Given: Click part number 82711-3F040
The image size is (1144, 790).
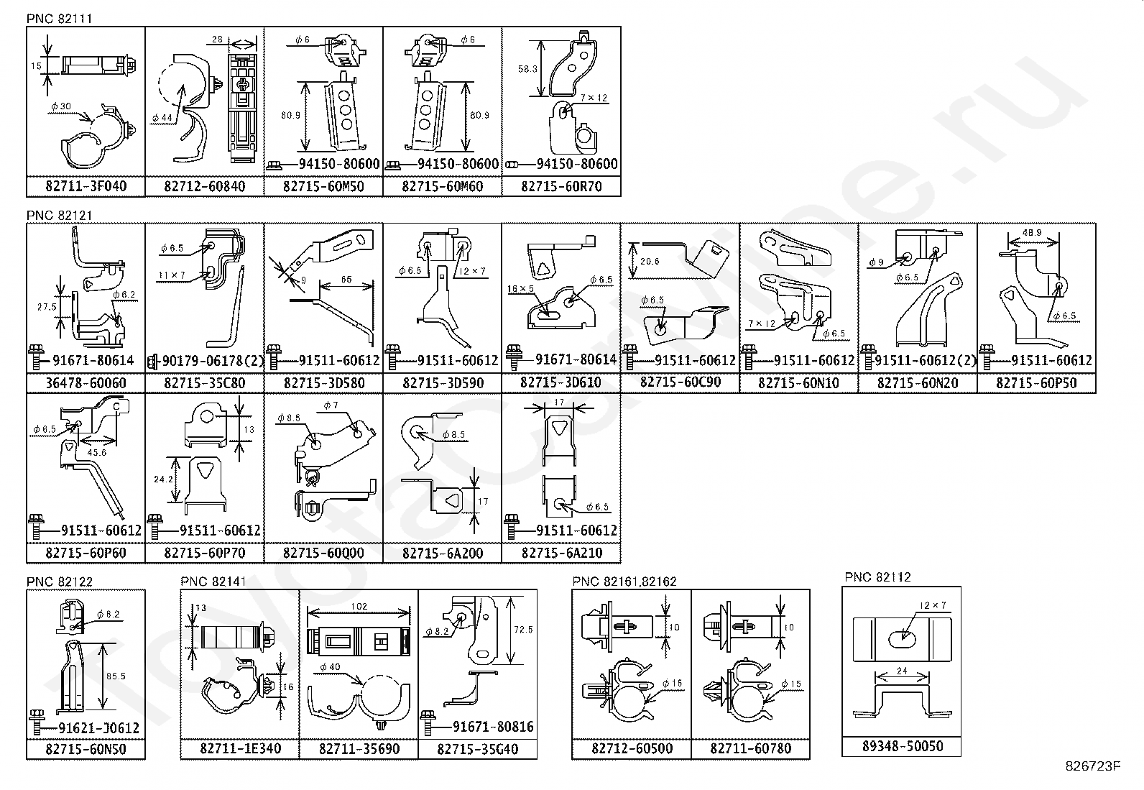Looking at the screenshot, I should click(x=86, y=187).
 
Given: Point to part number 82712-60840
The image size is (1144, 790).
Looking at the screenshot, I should click(x=204, y=187).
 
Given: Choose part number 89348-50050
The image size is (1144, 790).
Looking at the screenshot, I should click(x=901, y=747).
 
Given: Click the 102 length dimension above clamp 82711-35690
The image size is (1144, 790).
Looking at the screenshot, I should click(x=359, y=607).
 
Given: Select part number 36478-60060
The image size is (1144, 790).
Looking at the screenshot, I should click(x=86, y=382).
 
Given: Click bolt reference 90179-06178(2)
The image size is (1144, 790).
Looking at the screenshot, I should click(x=212, y=360).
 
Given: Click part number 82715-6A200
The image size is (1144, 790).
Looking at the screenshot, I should click(x=442, y=553).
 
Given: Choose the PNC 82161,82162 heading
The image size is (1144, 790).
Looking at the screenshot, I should click(x=624, y=582).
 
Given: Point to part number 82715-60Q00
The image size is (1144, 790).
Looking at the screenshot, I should click(x=323, y=553).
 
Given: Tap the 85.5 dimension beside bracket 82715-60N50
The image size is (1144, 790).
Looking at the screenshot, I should click(x=116, y=676).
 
